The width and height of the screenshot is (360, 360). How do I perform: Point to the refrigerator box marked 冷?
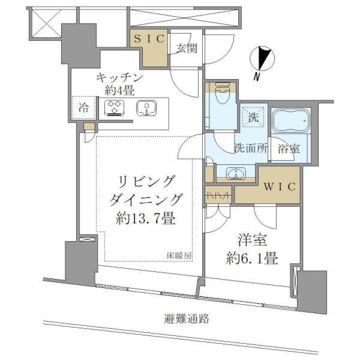click(84, 108)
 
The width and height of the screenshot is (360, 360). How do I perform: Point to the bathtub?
click(291, 120)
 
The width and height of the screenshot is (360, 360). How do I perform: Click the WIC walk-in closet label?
click(281, 186)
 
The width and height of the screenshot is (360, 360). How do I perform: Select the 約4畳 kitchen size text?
click(120, 90)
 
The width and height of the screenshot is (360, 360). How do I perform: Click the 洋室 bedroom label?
click(252, 240)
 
